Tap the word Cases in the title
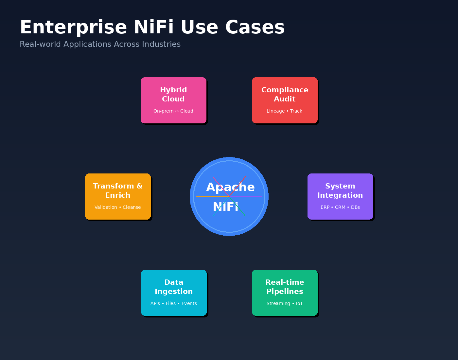[x=255, y=27]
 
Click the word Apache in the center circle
[x=230, y=187]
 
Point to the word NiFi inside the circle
[x=225, y=207]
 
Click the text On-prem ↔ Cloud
[x=173, y=111]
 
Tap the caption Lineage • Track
[x=284, y=111]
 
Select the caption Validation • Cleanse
[x=117, y=207]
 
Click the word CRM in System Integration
[x=340, y=207]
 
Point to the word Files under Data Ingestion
[x=171, y=303]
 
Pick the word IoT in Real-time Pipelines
[x=299, y=303]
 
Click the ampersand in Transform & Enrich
[x=139, y=186]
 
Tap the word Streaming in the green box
[x=278, y=303]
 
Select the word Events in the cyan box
[x=189, y=303]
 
